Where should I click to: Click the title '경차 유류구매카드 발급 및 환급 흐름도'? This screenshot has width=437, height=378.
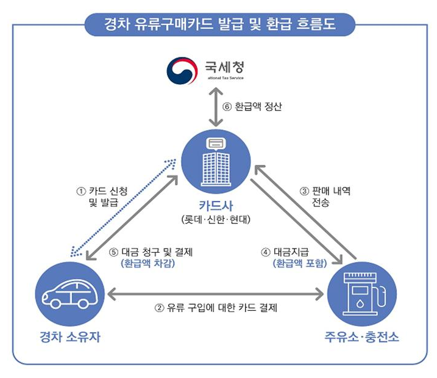218,25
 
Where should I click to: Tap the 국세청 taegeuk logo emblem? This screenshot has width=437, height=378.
182,71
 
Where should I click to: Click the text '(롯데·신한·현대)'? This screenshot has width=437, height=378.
216,219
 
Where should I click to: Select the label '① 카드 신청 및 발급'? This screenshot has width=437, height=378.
102,197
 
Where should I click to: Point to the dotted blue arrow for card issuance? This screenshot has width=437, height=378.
122,206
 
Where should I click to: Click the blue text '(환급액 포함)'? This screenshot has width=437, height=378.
300,264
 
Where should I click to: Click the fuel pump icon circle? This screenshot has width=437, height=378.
361,292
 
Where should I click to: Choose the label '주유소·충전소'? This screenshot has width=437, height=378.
362,336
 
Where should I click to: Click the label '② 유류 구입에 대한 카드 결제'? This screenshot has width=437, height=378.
216,308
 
